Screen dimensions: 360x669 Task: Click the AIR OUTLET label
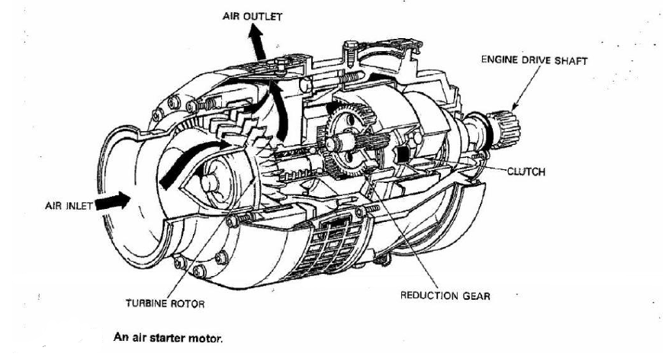[252, 16]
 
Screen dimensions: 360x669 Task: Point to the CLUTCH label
[526, 172]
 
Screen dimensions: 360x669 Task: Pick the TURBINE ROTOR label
[166, 303]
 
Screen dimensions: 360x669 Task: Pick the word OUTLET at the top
[265, 16]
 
